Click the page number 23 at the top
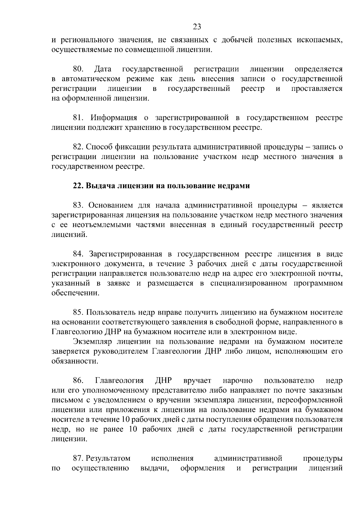pos(197,27)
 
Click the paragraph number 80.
pos(78,69)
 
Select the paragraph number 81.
pos(79,118)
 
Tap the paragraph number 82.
pos(78,147)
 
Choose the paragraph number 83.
pos(79,205)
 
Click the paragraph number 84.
pos(79,254)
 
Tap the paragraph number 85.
pos(79,313)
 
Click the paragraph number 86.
pos(78,381)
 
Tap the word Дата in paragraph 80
pos(103,69)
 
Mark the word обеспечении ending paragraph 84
pos(75,293)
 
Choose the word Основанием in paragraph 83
pos(110,205)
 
